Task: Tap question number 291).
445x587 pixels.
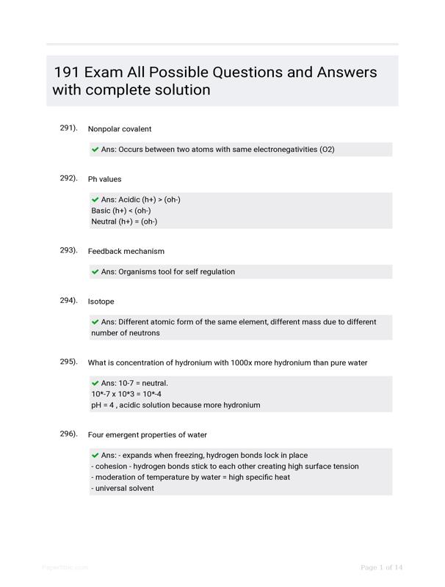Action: [x=68, y=128]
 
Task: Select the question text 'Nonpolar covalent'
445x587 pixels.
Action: [x=120, y=129]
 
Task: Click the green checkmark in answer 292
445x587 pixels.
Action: [x=95, y=200]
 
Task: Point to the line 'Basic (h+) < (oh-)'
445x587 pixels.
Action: [x=121, y=211]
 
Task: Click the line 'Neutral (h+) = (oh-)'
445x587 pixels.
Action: [x=124, y=222]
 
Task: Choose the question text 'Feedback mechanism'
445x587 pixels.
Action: [x=126, y=252]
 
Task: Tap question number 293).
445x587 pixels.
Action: [x=68, y=250]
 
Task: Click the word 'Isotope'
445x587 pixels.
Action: [x=101, y=302]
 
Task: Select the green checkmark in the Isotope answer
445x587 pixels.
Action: [x=95, y=322]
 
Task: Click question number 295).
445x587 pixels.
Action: [x=68, y=362]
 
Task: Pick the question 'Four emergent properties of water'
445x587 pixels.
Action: [x=148, y=435]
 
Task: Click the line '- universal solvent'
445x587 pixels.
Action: [x=123, y=488]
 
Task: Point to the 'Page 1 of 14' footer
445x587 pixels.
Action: [x=382, y=568]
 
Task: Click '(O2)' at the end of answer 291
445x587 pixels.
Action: [x=327, y=150]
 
